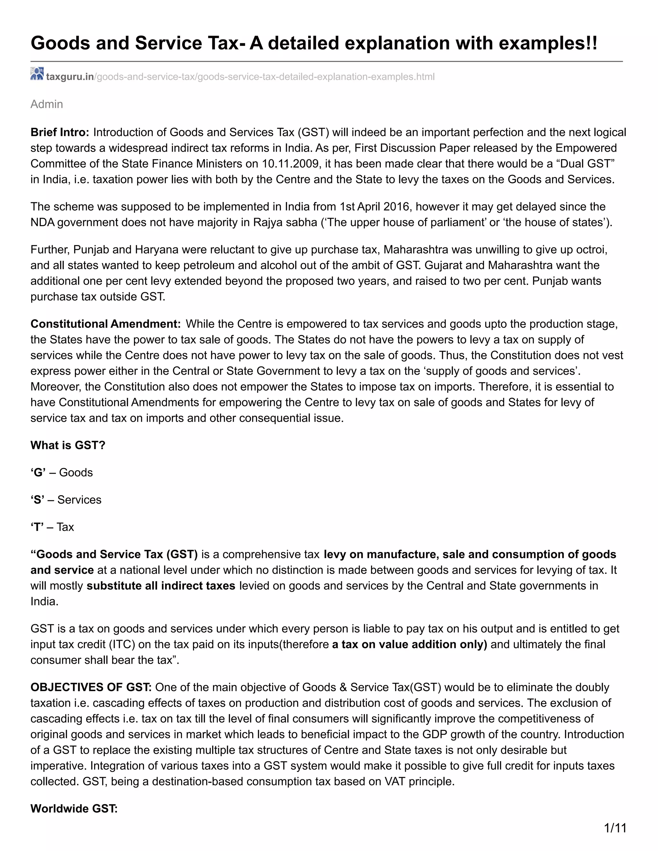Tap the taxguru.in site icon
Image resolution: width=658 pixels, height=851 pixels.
[x=37, y=74]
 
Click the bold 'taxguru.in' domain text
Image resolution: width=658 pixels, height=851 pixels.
[x=70, y=77]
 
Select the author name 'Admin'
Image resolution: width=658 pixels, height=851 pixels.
[x=47, y=104]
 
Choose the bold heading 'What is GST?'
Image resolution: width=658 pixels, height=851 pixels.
[x=68, y=445]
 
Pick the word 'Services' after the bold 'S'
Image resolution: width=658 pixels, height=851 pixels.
[x=79, y=500]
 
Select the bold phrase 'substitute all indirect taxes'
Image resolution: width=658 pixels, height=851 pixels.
[x=161, y=586]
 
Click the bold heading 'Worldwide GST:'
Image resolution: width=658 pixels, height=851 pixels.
[x=74, y=809]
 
